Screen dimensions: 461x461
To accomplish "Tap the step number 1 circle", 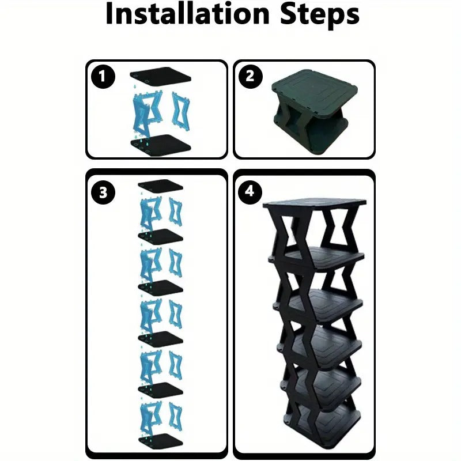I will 103,77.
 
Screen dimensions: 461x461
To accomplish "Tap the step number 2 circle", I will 250,77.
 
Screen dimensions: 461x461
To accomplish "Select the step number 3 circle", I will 103,192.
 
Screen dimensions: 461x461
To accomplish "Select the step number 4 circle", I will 250,192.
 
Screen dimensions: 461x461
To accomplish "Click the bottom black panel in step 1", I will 161,143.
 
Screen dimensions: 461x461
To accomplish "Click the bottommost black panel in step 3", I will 160,441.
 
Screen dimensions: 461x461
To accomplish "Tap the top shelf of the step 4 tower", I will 314,203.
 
